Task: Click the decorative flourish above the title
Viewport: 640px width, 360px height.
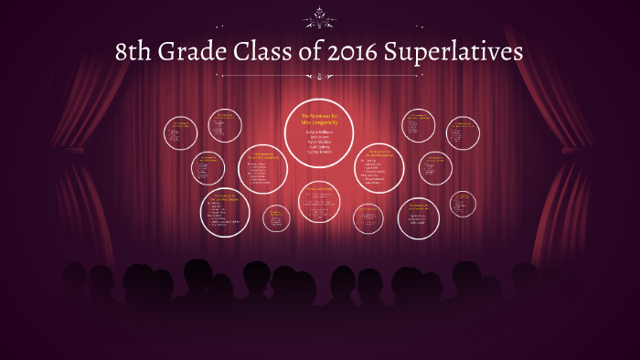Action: (320, 16)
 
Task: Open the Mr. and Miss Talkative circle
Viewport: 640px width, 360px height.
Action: (225, 211)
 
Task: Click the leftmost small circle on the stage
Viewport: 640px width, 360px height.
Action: (180, 132)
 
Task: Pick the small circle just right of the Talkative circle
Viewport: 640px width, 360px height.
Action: (276, 217)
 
